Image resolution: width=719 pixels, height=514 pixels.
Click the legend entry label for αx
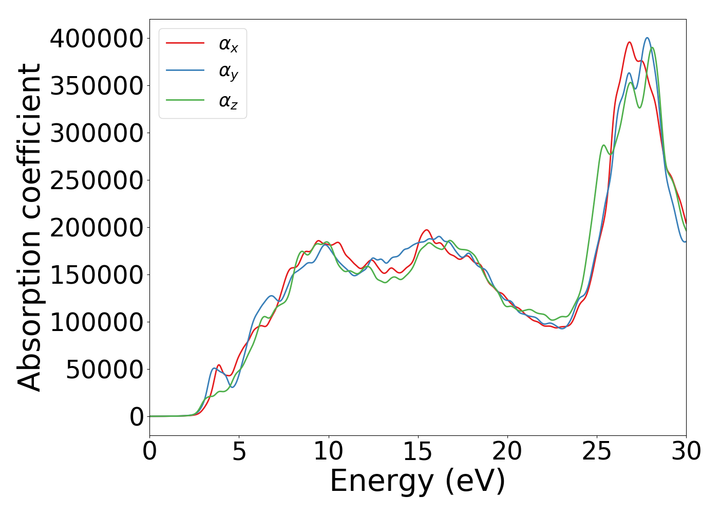[x=229, y=44]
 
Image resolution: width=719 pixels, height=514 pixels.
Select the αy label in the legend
[x=229, y=72]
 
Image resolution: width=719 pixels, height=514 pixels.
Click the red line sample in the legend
[x=185, y=43]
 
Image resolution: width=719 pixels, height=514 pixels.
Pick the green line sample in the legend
[x=185, y=100]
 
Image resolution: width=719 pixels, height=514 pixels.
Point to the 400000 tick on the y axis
[x=96, y=39]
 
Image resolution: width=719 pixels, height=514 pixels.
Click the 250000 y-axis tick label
[x=96, y=180]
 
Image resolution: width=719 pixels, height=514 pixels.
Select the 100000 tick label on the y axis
[x=96, y=322]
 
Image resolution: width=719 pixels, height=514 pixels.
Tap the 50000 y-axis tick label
[x=104, y=370]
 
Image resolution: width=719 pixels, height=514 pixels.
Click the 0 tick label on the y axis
[x=137, y=417]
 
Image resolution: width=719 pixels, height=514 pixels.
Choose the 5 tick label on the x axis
[x=239, y=451]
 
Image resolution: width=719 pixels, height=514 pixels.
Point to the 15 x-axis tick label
[x=418, y=451]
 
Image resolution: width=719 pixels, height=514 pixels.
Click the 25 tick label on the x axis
[x=597, y=451]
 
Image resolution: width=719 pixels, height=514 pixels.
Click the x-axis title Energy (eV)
[x=418, y=482]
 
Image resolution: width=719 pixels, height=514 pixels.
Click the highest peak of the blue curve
[x=647, y=38]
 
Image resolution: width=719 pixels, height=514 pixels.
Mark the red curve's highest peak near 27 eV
[x=629, y=42]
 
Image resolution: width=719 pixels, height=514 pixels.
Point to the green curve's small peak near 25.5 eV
[x=604, y=145]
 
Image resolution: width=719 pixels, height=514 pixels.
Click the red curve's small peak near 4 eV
[x=219, y=365]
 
